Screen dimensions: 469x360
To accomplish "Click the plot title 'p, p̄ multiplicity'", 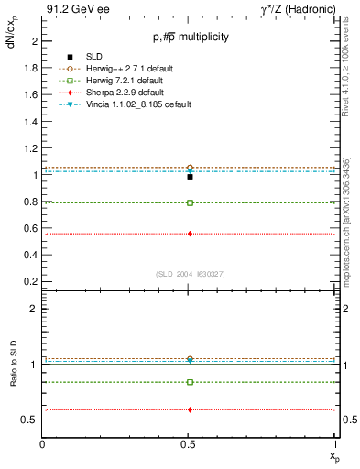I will [x=190, y=37].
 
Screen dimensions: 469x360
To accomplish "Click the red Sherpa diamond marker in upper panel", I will [x=190, y=234].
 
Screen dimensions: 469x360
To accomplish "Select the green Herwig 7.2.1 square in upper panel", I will [x=190, y=202].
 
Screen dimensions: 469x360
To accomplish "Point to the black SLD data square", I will [x=190, y=177].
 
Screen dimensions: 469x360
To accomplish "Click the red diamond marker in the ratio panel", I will [x=190, y=409].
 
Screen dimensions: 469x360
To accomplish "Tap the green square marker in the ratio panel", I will [x=190, y=382].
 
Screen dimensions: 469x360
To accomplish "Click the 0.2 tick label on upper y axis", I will [x=32, y=281].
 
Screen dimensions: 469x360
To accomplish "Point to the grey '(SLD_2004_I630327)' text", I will [x=190, y=273].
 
